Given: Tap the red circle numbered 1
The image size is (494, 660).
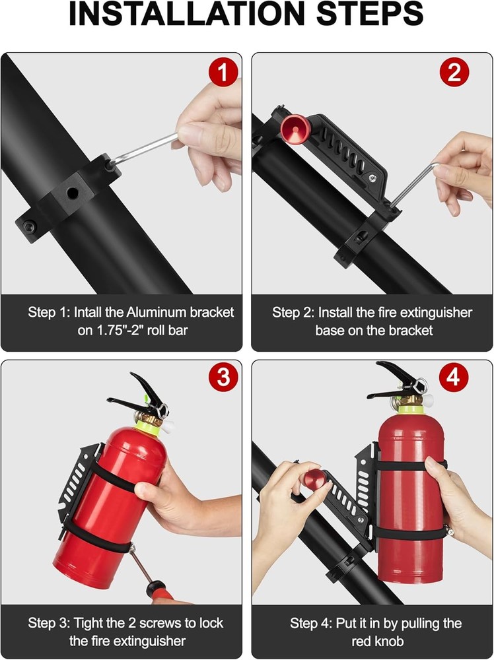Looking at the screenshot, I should [x=223, y=72].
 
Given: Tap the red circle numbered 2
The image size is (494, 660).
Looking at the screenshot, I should [x=454, y=72].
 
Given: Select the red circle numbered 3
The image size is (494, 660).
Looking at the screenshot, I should [x=223, y=378].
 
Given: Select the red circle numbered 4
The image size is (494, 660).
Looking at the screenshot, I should [x=454, y=378].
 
